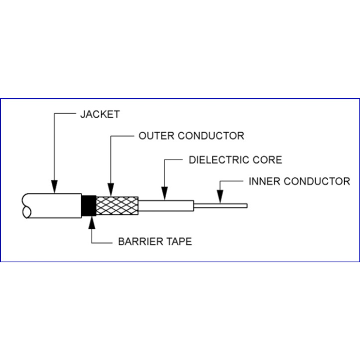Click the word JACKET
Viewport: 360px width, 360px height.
click(100, 114)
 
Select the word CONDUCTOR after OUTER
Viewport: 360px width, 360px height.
click(211, 136)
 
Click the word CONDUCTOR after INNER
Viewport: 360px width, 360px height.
click(317, 181)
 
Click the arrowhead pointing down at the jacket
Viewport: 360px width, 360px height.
click(55, 187)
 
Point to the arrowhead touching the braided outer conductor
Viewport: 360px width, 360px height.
click(111, 190)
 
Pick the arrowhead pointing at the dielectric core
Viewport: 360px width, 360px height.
click(165, 193)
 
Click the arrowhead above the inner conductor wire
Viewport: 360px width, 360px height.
click(220, 196)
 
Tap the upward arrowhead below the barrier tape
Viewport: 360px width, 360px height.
click(92, 222)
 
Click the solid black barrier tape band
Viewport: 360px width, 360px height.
click(89, 206)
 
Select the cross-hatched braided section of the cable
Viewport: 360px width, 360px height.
click(117, 206)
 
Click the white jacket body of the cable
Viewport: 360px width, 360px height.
click(55, 206)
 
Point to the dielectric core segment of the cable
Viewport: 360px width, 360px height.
click(166, 206)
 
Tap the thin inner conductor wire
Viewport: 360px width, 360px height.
click(221, 206)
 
